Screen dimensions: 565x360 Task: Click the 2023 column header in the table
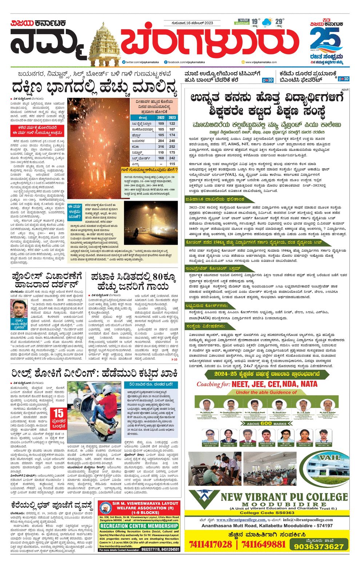(172, 117)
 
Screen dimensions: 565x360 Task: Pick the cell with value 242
(172, 158)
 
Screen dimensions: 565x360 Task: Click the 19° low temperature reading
(255, 21)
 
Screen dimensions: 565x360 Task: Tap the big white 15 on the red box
(59, 413)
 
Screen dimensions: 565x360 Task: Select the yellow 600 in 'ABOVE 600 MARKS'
(266, 424)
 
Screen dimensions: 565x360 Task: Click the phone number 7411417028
(211, 544)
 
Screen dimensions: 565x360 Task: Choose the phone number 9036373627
(319, 546)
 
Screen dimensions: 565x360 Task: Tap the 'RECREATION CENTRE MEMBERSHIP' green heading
(139, 526)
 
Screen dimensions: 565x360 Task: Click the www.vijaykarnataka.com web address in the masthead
(261, 62)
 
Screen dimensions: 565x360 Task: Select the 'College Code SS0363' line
(267, 513)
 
